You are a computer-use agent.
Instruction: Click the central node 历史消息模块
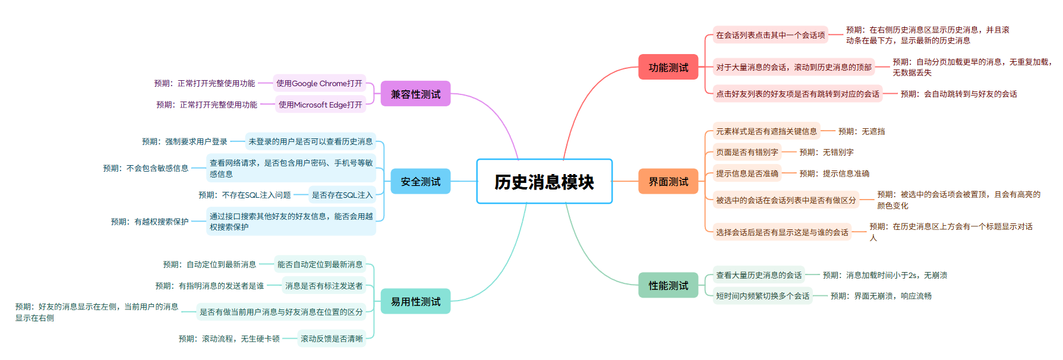coord(544,182)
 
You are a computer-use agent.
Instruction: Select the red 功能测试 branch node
coord(668,67)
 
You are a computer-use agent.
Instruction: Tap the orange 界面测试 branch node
coord(668,181)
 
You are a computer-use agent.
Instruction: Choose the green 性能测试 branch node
coord(668,285)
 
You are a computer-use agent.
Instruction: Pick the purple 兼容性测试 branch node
coord(415,94)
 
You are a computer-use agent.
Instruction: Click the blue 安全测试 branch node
coord(421,181)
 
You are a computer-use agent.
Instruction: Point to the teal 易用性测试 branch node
coord(415,301)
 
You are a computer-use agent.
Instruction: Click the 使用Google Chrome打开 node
coord(319,83)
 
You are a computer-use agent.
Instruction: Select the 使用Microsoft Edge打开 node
coord(320,105)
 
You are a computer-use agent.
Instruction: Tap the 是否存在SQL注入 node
coord(342,195)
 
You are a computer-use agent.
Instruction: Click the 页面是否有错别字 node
coord(747,152)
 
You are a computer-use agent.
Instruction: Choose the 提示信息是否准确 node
coord(747,173)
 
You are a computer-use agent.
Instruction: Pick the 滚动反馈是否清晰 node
coord(332,339)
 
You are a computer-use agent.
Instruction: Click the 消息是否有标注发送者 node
coord(324,286)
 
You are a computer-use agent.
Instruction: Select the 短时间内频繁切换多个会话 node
coord(762,296)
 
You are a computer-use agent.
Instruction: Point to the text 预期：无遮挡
coord(862,131)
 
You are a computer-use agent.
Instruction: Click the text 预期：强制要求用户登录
coord(184,141)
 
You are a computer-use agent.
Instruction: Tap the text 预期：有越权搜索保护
coord(150,222)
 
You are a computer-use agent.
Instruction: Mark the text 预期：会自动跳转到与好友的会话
coord(958,94)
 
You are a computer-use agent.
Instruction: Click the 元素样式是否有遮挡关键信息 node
coord(767,131)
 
